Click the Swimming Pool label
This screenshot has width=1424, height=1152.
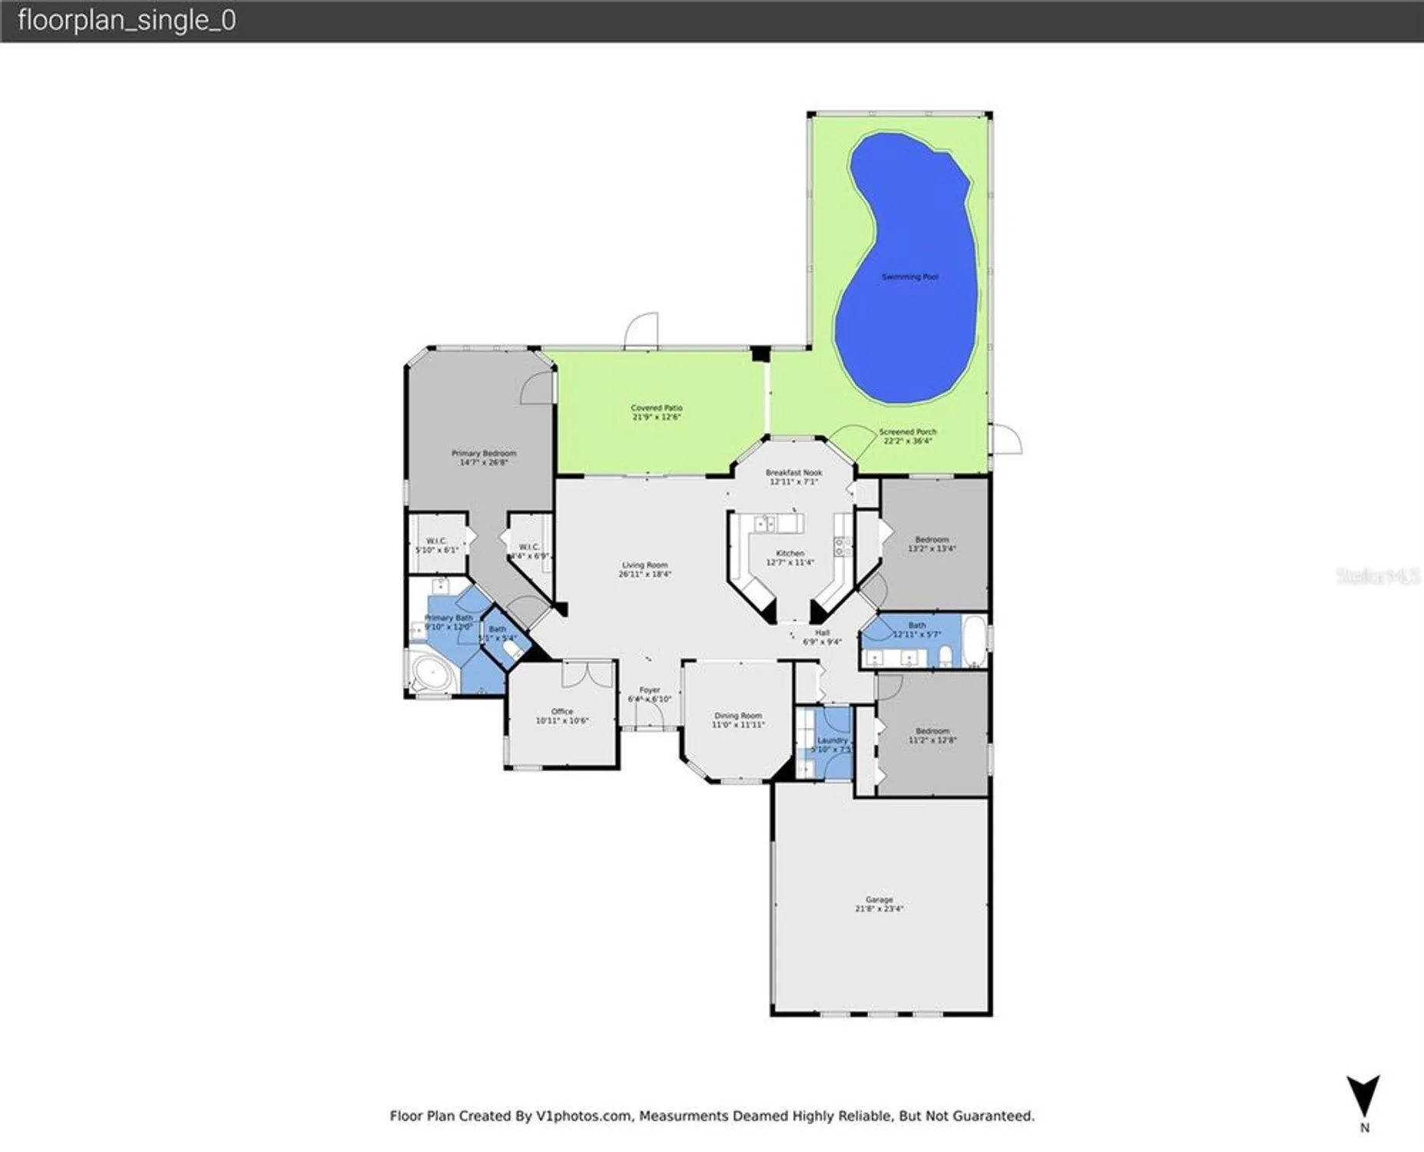point(909,276)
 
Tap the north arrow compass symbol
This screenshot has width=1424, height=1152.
point(1363,1096)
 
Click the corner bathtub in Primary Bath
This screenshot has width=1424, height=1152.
point(432,675)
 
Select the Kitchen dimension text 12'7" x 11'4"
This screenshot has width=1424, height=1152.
point(790,562)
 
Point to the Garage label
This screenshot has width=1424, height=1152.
point(879,899)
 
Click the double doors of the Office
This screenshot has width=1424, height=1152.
point(588,674)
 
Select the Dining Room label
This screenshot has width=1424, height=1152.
point(737,715)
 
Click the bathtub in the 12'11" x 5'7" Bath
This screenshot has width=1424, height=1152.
point(975,641)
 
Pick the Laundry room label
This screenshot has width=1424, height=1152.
point(832,740)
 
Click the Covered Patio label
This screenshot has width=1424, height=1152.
point(656,408)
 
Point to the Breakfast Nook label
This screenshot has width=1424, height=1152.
point(793,472)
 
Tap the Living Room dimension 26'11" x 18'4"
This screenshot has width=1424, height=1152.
point(644,574)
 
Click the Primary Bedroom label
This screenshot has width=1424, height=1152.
point(483,453)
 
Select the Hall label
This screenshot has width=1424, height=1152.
point(822,632)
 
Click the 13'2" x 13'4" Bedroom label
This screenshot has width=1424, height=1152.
point(931,539)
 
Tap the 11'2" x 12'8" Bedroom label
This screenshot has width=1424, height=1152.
point(932,730)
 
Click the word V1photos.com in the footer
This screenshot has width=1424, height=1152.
point(583,1116)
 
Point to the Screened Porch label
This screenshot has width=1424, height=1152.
point(907,432)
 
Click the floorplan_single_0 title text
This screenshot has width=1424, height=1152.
point(126,21)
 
